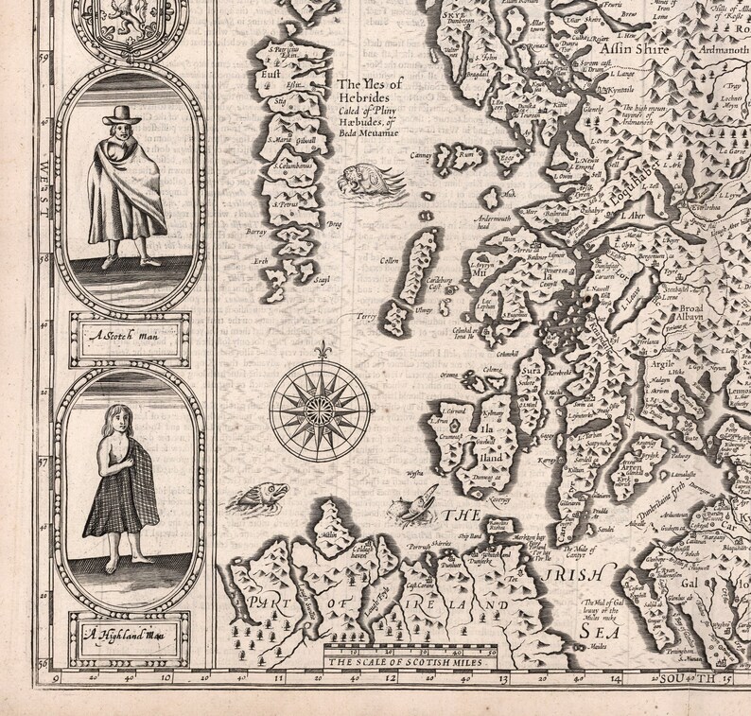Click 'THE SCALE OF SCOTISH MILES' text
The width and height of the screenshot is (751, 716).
point(404,665)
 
